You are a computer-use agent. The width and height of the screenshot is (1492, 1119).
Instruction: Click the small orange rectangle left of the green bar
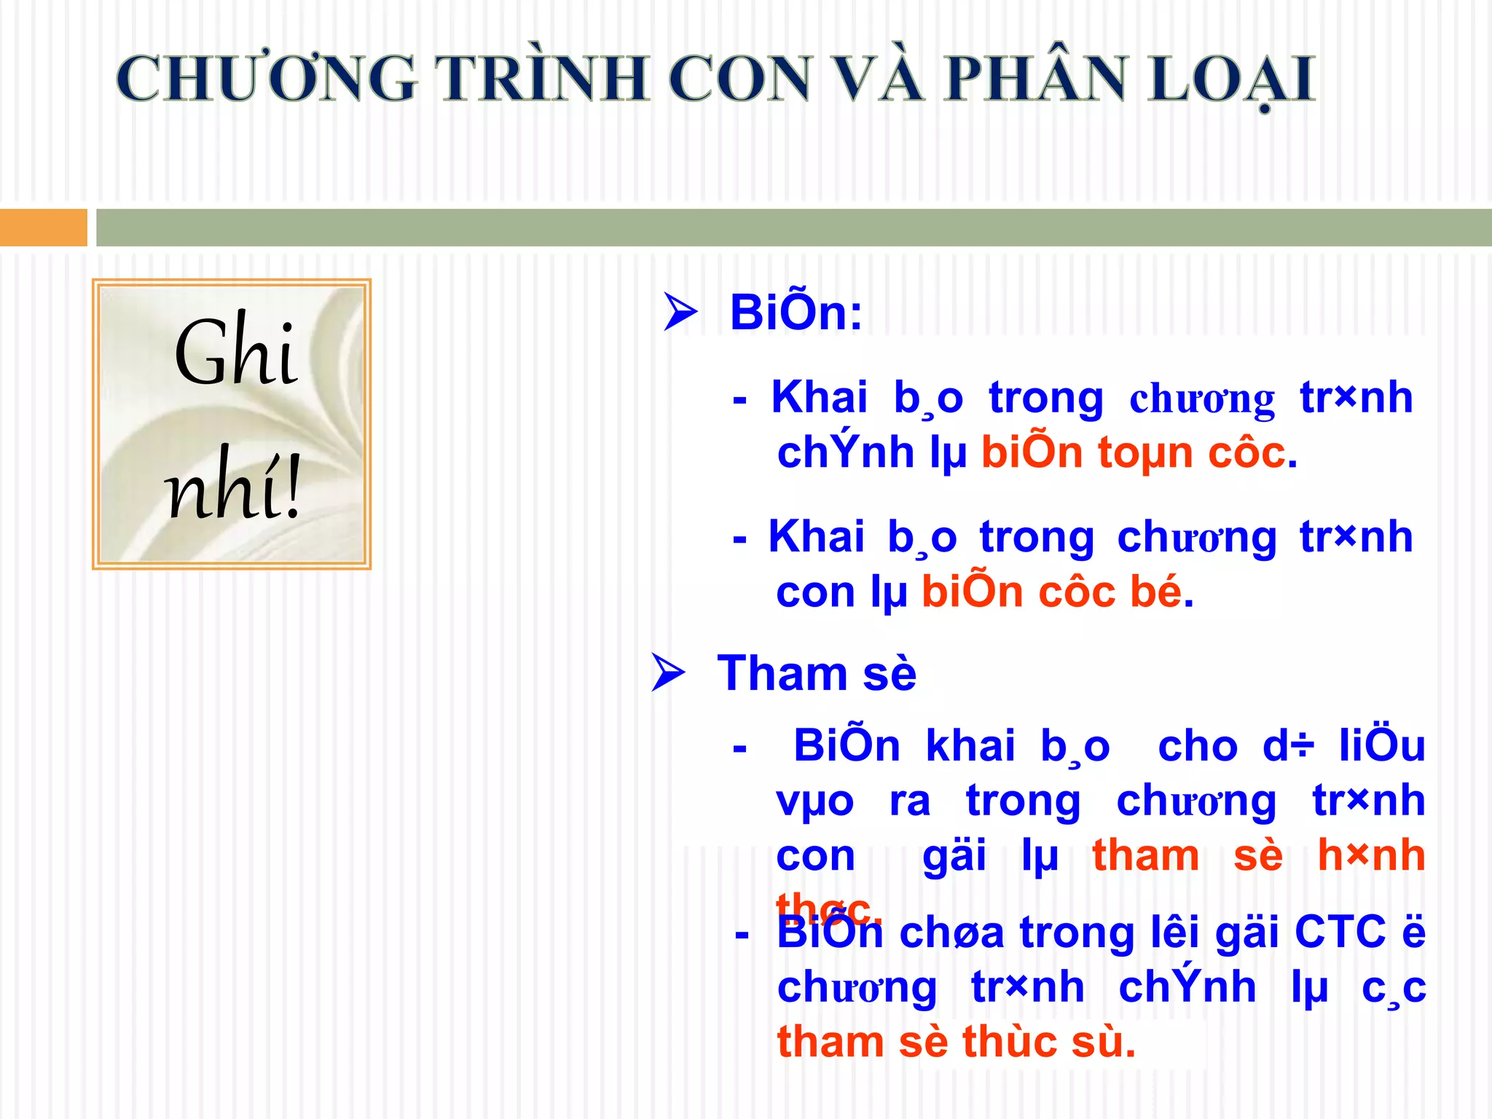[x=43, y=227]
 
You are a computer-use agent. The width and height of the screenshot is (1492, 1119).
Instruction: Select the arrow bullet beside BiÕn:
[x=680, y=313]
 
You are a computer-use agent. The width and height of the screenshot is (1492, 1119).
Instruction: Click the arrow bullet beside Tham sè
[x=668, y=672]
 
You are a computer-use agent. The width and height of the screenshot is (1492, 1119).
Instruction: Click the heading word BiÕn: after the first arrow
[x=796, y=313]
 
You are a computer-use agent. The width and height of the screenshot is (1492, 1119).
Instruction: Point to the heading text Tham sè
[x=817, y=673]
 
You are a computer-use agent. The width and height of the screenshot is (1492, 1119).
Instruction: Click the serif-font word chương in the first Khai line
[x=1202, y=399]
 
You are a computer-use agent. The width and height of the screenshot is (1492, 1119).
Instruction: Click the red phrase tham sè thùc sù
[x=956, y=1042]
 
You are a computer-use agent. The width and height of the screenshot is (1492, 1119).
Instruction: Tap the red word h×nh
[x=1371, y=855]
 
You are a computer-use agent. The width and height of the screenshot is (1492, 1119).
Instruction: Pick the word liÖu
[x=1381, y=746]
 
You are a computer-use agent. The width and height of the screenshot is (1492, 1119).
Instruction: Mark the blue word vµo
[x=814, y=801]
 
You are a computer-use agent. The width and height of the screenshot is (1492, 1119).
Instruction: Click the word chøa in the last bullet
[x=951, y=933]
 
